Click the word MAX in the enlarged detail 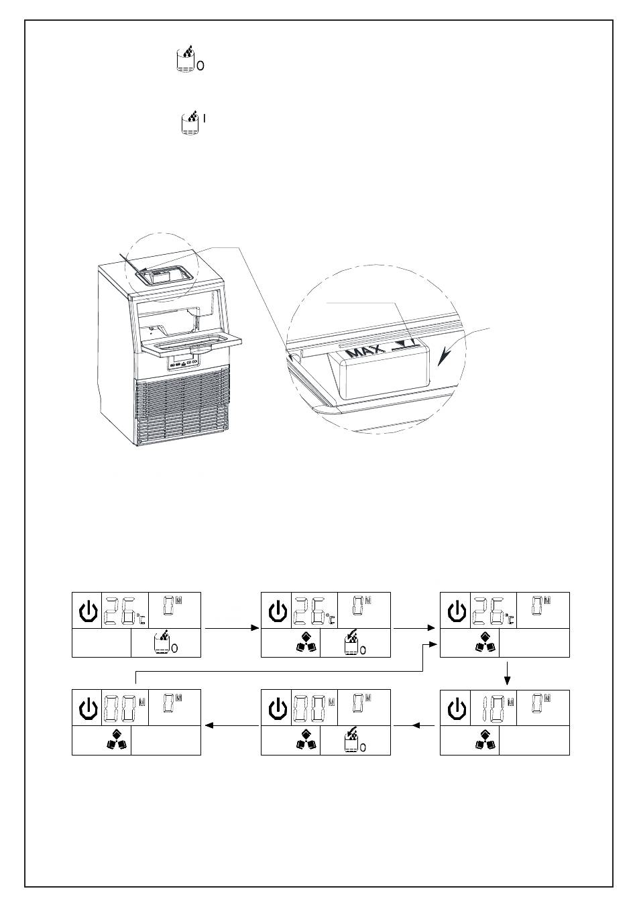[x=365, y=350]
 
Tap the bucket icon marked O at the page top [x=184, y=60]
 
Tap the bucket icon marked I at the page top [x=190, y=125]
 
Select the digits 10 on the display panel [x=494, y=709]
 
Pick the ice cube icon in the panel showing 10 [x=485, y=739]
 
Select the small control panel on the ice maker [x=184, y=362]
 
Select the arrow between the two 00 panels [x=231, y=725]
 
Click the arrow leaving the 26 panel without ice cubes [x=231, y=628]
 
